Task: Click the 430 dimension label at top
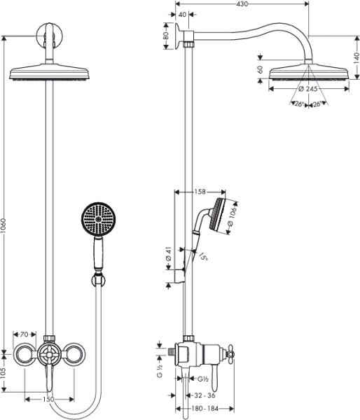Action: pos(242,3)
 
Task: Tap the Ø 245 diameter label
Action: pos(307,89)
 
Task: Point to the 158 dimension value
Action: pos(200,192)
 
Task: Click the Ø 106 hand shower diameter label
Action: pos(232,216)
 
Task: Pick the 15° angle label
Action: pos(203,256)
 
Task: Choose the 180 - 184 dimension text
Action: pos(205,409)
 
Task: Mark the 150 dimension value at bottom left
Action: pos(48,400)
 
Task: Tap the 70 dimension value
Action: pos(24,335)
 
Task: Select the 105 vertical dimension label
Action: pos(4,372)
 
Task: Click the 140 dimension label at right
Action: pos(356,58)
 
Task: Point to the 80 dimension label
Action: pos(166,36)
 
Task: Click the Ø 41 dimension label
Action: pos(168,254)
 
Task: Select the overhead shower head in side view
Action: pos(309,71)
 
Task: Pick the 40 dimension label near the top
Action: pos(182,15)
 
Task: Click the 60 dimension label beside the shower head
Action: pos(260,69)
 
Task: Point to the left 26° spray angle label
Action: pos(299,104)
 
